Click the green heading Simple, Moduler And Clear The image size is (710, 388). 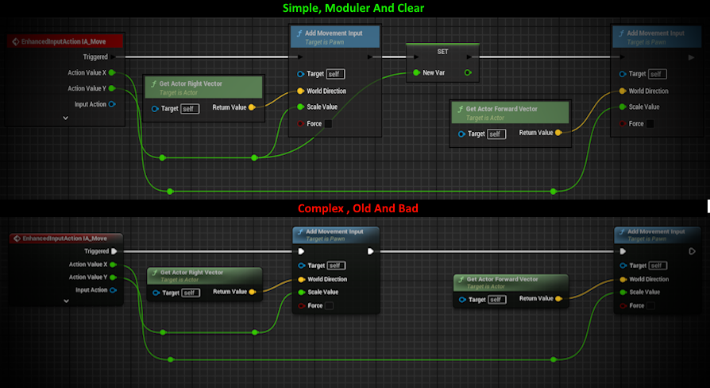coord(354,9)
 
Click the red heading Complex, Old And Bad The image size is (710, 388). coord(354,208)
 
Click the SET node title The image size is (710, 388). coord(442,51)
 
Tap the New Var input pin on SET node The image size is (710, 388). coord(415,73)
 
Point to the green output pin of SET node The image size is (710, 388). coord(468,73)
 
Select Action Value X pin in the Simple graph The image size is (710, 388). coord(111,72)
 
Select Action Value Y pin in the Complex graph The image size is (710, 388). coord(113,277)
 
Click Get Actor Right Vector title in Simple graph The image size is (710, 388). coord(191,83)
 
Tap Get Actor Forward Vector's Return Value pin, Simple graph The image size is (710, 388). coord(558,133)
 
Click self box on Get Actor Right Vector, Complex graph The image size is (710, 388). coord(191,293)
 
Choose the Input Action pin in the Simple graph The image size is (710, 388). coord(111,104)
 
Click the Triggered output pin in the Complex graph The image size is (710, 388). coord(114,250)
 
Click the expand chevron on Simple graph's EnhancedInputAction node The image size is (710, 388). coord(65,118)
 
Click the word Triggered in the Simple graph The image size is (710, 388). coord(95,56)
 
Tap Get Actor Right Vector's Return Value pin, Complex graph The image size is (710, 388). coord(252,293)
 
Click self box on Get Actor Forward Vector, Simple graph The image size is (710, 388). coord(496,134)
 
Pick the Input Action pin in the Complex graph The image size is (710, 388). coord(113,290)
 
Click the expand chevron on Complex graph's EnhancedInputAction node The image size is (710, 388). coord(66,301)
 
